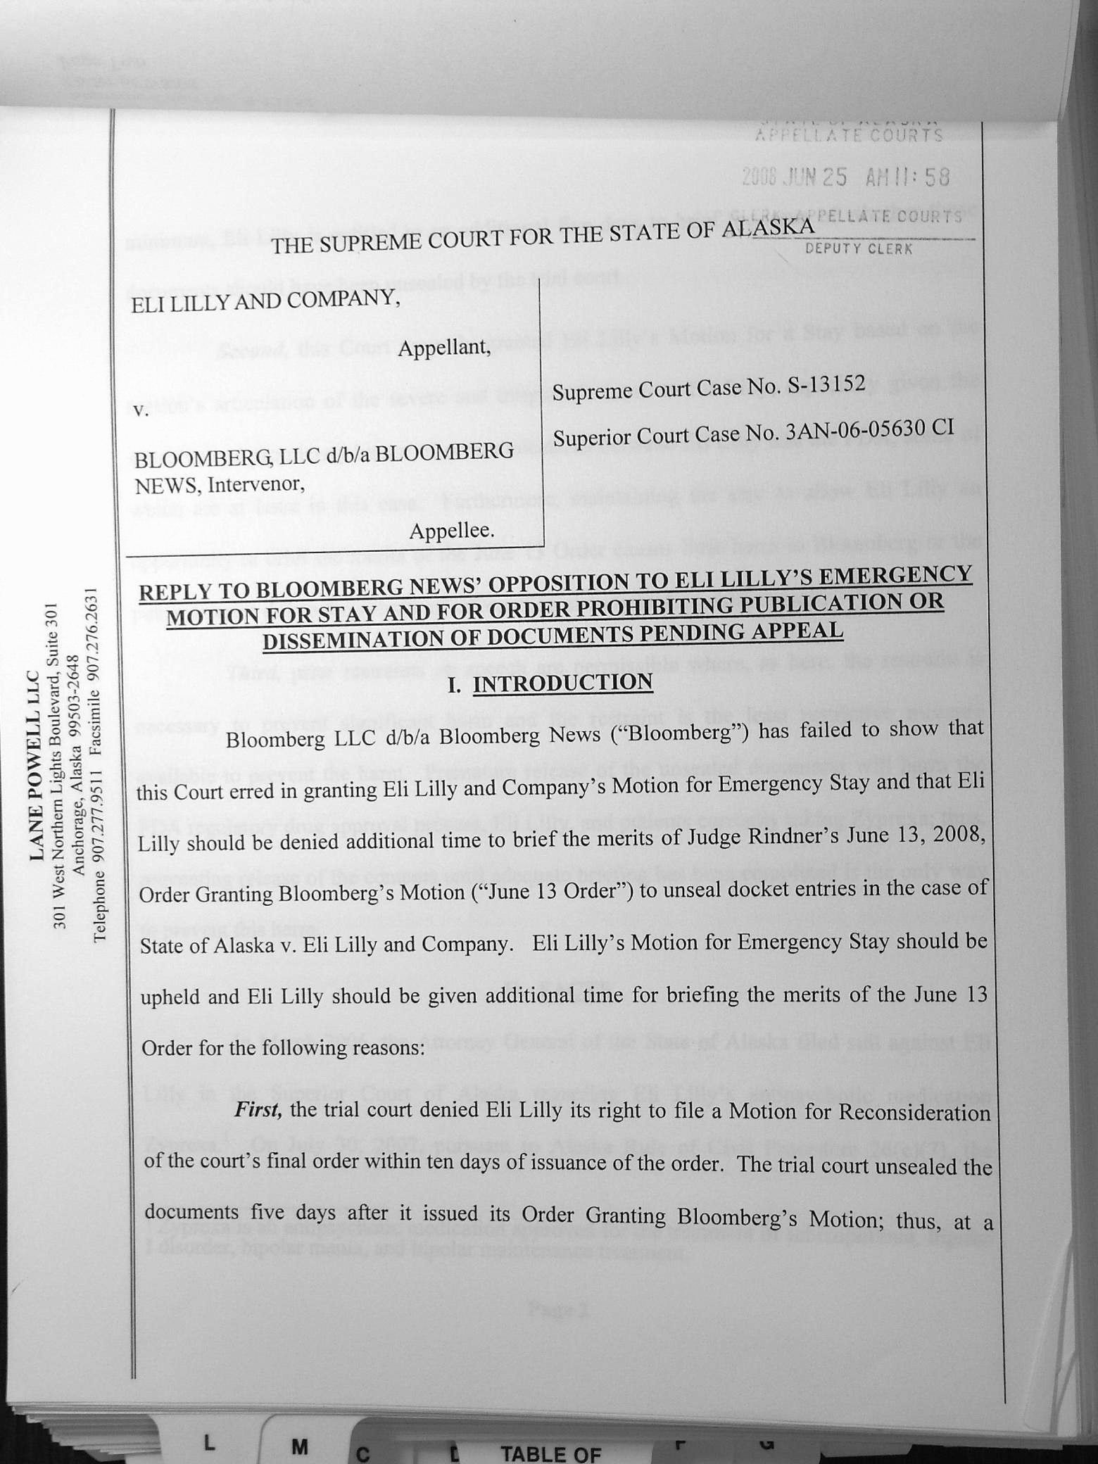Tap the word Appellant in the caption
444,348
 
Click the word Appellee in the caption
452,530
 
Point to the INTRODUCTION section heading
562,683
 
